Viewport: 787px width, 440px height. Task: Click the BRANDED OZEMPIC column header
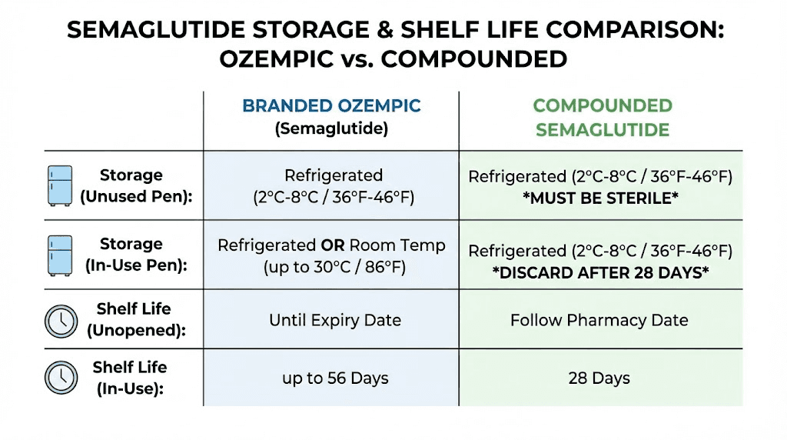(331, 106)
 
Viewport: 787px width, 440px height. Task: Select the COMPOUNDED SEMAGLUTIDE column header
(603, 117)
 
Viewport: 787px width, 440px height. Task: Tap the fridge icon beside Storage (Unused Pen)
(60, 185)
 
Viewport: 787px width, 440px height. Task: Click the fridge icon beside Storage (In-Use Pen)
(60, 254)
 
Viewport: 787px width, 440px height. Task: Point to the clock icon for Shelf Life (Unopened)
(61, 319)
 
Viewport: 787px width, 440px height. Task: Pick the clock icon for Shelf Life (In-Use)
(61, 377)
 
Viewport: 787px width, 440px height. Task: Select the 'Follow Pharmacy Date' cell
(599, 320)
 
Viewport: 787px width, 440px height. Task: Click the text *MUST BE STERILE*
(599, 197)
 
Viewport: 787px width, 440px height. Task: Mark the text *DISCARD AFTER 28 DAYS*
(599, 272)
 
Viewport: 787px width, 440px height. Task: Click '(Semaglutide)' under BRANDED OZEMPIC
(331, 128)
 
